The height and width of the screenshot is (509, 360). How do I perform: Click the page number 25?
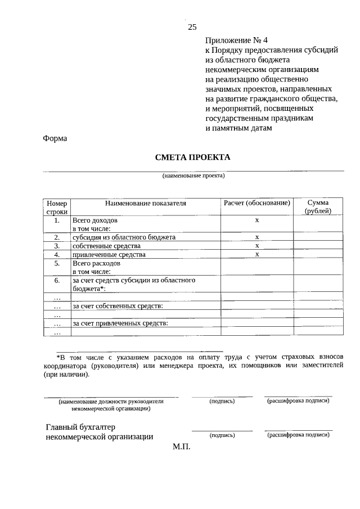point(192,26)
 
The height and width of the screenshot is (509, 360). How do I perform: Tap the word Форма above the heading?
point(55,139)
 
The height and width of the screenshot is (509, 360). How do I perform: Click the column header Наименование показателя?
point(145,202)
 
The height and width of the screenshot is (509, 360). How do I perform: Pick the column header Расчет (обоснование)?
point(256,202)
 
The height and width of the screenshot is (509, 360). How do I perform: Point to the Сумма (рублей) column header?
point(318,206)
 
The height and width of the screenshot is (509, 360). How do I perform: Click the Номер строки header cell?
point(57,206)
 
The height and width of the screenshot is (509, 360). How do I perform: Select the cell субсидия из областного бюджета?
point(124,237)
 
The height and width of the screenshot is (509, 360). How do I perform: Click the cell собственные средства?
point(106,246)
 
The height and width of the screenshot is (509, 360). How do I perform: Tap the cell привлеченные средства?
point(109,254)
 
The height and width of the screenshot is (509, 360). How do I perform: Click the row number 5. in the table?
point(57,263)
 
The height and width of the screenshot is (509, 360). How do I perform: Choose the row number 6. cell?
point(57,280)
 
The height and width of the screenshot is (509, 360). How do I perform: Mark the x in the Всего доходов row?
point(256,221)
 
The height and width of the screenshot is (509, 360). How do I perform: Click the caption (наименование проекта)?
point(193,175)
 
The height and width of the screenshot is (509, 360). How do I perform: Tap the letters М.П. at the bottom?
point(182,447)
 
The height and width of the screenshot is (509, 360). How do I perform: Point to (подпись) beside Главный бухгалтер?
point(222,435)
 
